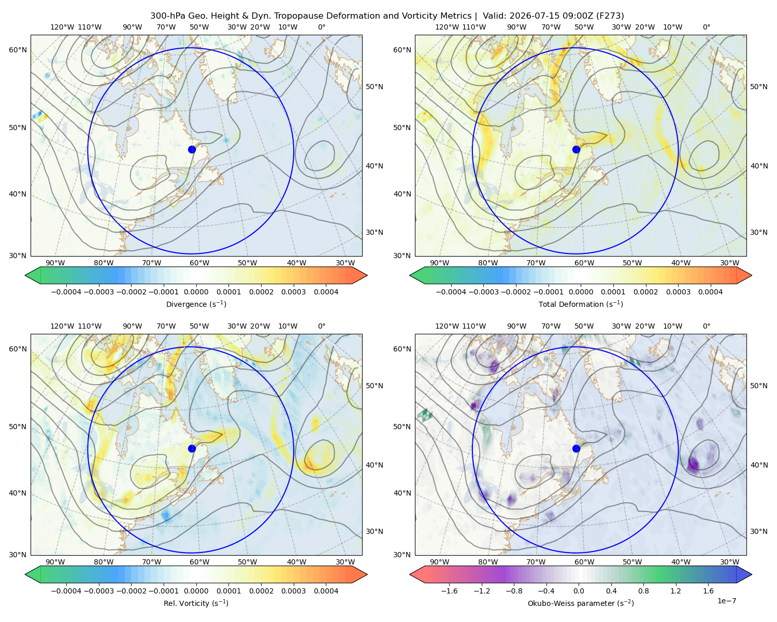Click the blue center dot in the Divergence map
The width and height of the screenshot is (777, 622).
click(192, 149)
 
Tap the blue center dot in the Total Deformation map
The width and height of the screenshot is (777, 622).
click(576, 149)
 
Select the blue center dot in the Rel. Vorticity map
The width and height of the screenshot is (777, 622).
click(192, 448)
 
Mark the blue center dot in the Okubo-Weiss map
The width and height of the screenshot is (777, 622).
click(576, 448)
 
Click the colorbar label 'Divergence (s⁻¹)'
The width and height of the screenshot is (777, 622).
click(196, 304)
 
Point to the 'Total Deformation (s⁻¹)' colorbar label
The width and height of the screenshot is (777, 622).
click(581, 304)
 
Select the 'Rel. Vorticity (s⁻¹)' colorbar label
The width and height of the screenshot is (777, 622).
click(196, 603)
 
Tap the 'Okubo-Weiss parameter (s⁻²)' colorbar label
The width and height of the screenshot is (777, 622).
click(581, 603)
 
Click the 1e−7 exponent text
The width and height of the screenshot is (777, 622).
click(726, 601)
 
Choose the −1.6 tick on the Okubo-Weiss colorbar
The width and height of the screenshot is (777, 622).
click(449, 590)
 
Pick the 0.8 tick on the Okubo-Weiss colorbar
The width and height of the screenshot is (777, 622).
click(643, 590)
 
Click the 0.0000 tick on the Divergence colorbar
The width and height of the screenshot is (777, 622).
click(196, 292)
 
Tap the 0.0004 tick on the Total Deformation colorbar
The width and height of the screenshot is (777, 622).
click(710, 292)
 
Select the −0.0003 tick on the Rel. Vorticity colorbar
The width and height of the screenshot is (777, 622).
click(98, 590)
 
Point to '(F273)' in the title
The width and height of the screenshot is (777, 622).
click(610, 16)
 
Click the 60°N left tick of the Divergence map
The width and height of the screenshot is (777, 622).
click(18, 50)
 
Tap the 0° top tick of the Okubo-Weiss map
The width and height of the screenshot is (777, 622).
click(706, 326)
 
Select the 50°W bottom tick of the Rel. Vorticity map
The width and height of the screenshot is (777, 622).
click(247, 562)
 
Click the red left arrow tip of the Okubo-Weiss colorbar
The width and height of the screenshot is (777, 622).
click(410, 574)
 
